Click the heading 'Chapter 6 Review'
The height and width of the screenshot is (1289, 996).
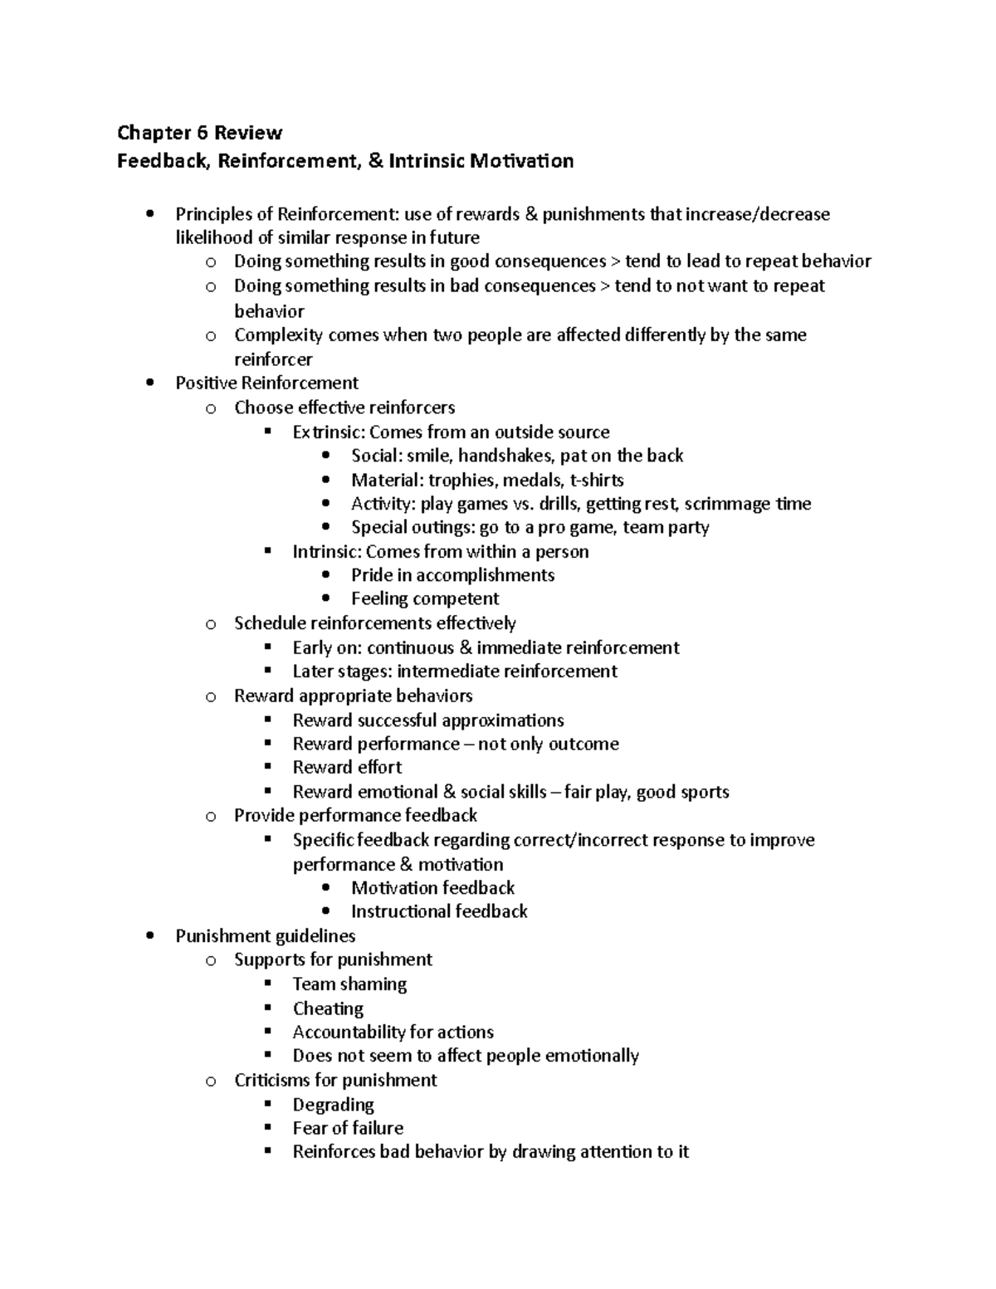pos(199,133)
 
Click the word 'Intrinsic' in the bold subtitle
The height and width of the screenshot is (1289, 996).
pos(424,161)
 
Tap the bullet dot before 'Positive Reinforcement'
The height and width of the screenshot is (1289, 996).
pos(149,383)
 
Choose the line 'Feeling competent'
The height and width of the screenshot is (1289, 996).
pos(425,598)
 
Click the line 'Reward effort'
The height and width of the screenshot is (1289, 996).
pos(347,767)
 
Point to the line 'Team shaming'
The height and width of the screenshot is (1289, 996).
pos(349,984)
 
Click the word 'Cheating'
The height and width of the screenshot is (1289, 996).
pos(328,1008)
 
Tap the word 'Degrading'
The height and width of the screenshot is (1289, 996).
pos(333,1105)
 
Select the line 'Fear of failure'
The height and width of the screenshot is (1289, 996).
pos(348,1128)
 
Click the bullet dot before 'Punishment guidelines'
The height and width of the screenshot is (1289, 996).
pos(149,935)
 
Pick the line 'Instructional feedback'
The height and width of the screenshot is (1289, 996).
pos(439,911)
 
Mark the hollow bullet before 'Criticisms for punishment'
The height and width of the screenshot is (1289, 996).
pos(211,1081)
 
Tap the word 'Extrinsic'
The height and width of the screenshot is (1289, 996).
pos(328,432)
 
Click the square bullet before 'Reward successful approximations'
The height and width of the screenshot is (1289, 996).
pos(267,720)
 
